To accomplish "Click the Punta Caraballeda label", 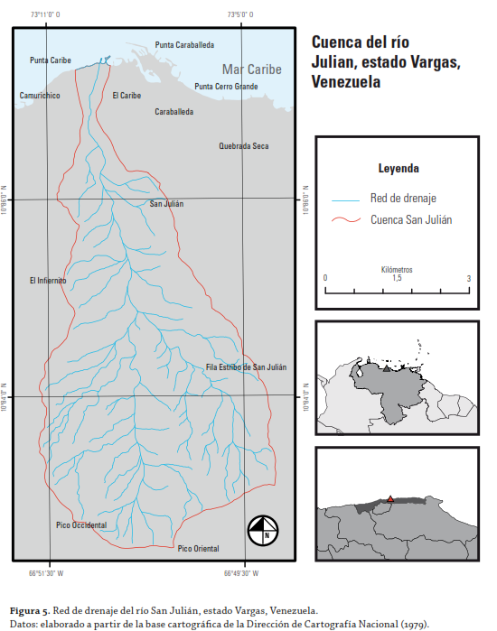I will pyautogui.click(x=184, y=43).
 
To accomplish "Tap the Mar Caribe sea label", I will pyautogui.click(x=252, y=70).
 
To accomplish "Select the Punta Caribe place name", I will pyautogui.click(x=51, y=60).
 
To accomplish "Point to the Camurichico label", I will pyautogui.click(x=40, y=95).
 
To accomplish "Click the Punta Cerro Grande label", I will pyautogui.click(x=226, y=87).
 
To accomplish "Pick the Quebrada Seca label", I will pyautogui.click(x=244, y=145).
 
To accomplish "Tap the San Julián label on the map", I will pyautogui.click(x=166, y=204).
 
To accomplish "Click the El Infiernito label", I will pyautogui.click(x=48, y=281).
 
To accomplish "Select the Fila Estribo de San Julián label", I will pyautogui.click(x=246, y=367).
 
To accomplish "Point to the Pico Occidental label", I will pyautogui.click(x=81, y=525).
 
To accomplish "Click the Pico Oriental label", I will pyautogui.click(x=198, y=548).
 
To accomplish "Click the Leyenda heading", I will pyautogui.click(x=398, y=168).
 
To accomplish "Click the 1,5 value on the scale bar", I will pyautogui.click(x=397, y=279).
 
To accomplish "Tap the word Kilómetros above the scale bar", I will pyautogui.click(x=397, y=269).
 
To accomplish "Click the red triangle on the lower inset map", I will pyautogui.click(x=390, y=498).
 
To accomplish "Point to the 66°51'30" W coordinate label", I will pyautogui.click(x=59, y=573).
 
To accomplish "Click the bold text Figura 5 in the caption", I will pyautogui.click(x=30, y=610).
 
